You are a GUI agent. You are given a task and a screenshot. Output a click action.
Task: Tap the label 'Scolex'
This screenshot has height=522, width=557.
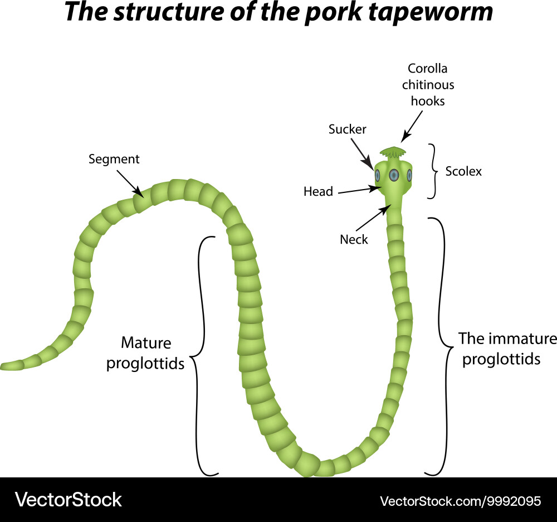(x=463, y=171)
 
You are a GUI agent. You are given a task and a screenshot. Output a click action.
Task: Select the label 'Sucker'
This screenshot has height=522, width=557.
(x=348, y=129)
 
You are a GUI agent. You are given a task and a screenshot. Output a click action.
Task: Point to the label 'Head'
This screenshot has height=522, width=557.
(x=318, y=192)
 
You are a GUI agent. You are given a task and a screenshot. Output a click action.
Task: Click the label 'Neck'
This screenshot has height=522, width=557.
(x=354, y=240)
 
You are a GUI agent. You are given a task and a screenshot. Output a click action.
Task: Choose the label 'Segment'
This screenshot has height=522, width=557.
(x=114, y=159)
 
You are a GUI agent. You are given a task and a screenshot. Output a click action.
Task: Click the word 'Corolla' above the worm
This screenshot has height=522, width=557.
(x=427, y=69)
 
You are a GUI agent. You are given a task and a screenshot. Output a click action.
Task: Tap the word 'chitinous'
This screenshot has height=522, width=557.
(x=428, y=85)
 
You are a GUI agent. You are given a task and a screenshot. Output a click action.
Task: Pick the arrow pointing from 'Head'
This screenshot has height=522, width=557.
(x=359, y=190)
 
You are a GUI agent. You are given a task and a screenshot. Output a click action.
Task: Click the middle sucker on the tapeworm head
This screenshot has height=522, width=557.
(x=394, y=175)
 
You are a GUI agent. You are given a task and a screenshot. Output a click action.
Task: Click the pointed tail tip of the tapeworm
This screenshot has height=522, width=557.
(x=4, y=366)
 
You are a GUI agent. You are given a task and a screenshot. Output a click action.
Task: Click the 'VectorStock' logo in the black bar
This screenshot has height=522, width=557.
(x=68, y=499)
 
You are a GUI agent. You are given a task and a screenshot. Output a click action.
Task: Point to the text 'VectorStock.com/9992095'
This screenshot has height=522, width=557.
(x=460, y=501)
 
